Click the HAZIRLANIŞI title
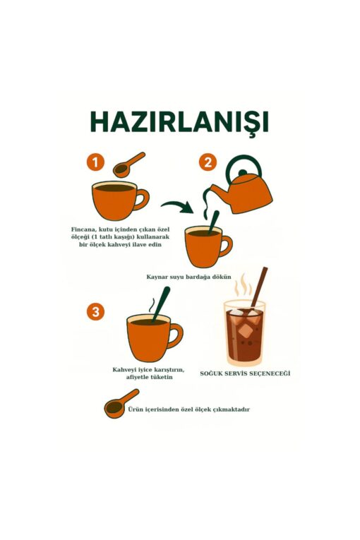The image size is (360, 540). pyautogui.click(x=179, y=121)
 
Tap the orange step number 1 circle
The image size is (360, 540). pyautogui.click(x=95, y=162)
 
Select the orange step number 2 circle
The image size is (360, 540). pyautogui.click(x=208, y=162)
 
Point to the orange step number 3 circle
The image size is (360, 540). pyautogui.click(x=95, y=312)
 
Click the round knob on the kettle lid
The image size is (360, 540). pyautogui.click(x=243, y=172)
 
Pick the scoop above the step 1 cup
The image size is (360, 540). pyautogui.click(x=129, y=164)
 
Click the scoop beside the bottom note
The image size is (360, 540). pyautogui.click(x=121, y=404)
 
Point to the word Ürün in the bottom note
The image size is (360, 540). pyautogui.click(x=134, y=409)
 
